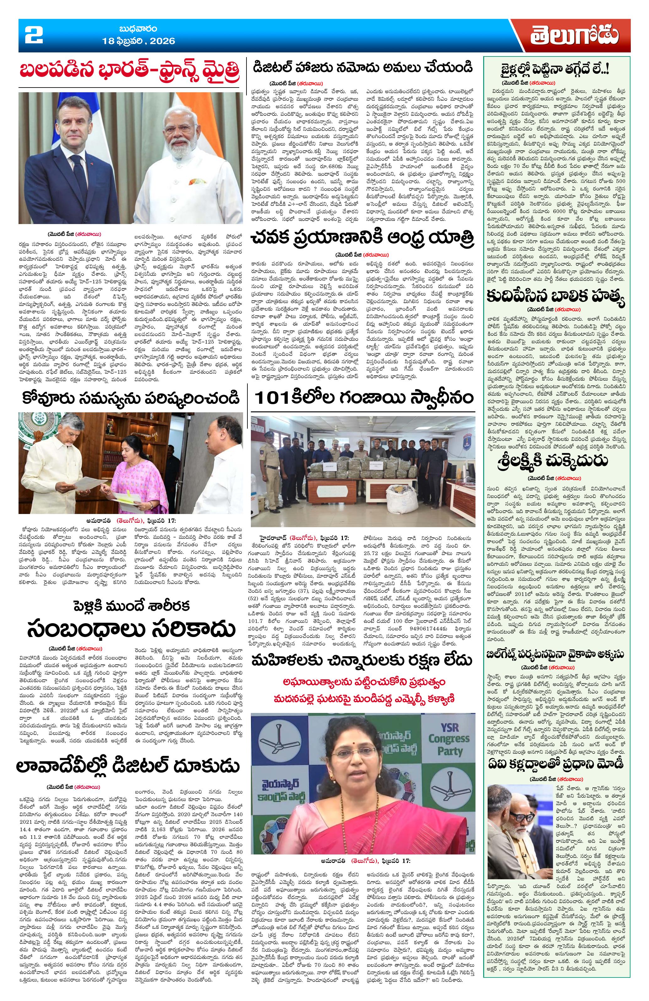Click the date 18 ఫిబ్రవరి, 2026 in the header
pyautogui.click(x=138, y=41)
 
